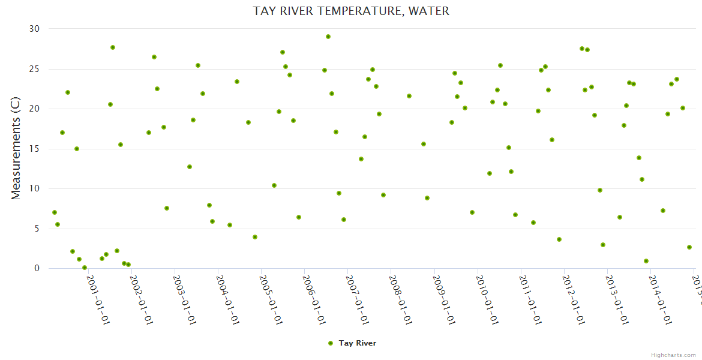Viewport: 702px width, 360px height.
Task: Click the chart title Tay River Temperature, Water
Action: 351,11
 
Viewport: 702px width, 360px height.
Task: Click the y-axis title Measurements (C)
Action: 16,148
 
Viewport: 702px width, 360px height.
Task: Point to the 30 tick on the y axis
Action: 34,29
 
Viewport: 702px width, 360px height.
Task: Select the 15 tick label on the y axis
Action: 34,149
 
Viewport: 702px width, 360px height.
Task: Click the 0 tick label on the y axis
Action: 37,269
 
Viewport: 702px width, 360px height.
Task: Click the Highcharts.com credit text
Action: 673,355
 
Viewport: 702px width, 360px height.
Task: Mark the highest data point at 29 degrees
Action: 328,37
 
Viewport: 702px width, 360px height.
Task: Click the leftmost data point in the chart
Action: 55,212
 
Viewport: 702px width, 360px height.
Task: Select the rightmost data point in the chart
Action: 689,247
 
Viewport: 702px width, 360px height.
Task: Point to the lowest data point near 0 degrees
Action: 85,268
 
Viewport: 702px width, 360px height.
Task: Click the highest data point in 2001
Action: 113,47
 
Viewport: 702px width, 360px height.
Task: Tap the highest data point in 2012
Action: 582,49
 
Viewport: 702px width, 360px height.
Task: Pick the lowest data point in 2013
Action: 646,261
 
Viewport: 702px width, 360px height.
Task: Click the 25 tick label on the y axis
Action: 34,69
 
